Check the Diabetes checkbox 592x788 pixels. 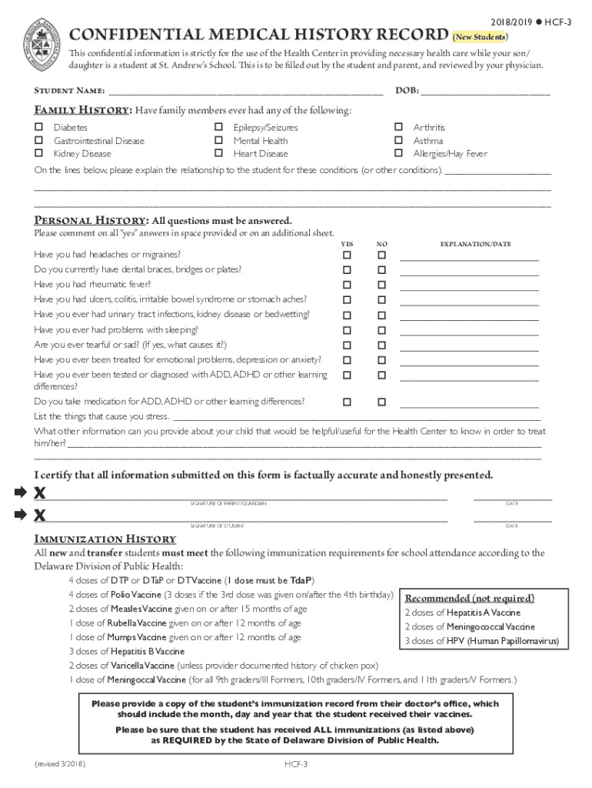[x=38, y=127]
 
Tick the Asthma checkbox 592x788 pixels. [x=398, y=140]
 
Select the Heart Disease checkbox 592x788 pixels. [x=218, y=153]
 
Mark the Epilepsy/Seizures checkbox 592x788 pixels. [x=218, y=127]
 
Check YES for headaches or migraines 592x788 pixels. [x=347, y=255]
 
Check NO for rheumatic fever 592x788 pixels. [x=381, y=285]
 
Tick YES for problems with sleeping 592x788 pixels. [x=347, y=330]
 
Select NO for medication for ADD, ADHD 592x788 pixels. [x=381, y=402]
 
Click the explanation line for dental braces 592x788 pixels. [x=469, y=272]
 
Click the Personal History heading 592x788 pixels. [x=88, y=220]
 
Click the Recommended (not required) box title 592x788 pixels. [x=469, y=599]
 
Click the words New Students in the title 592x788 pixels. [x=480, y=37]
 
